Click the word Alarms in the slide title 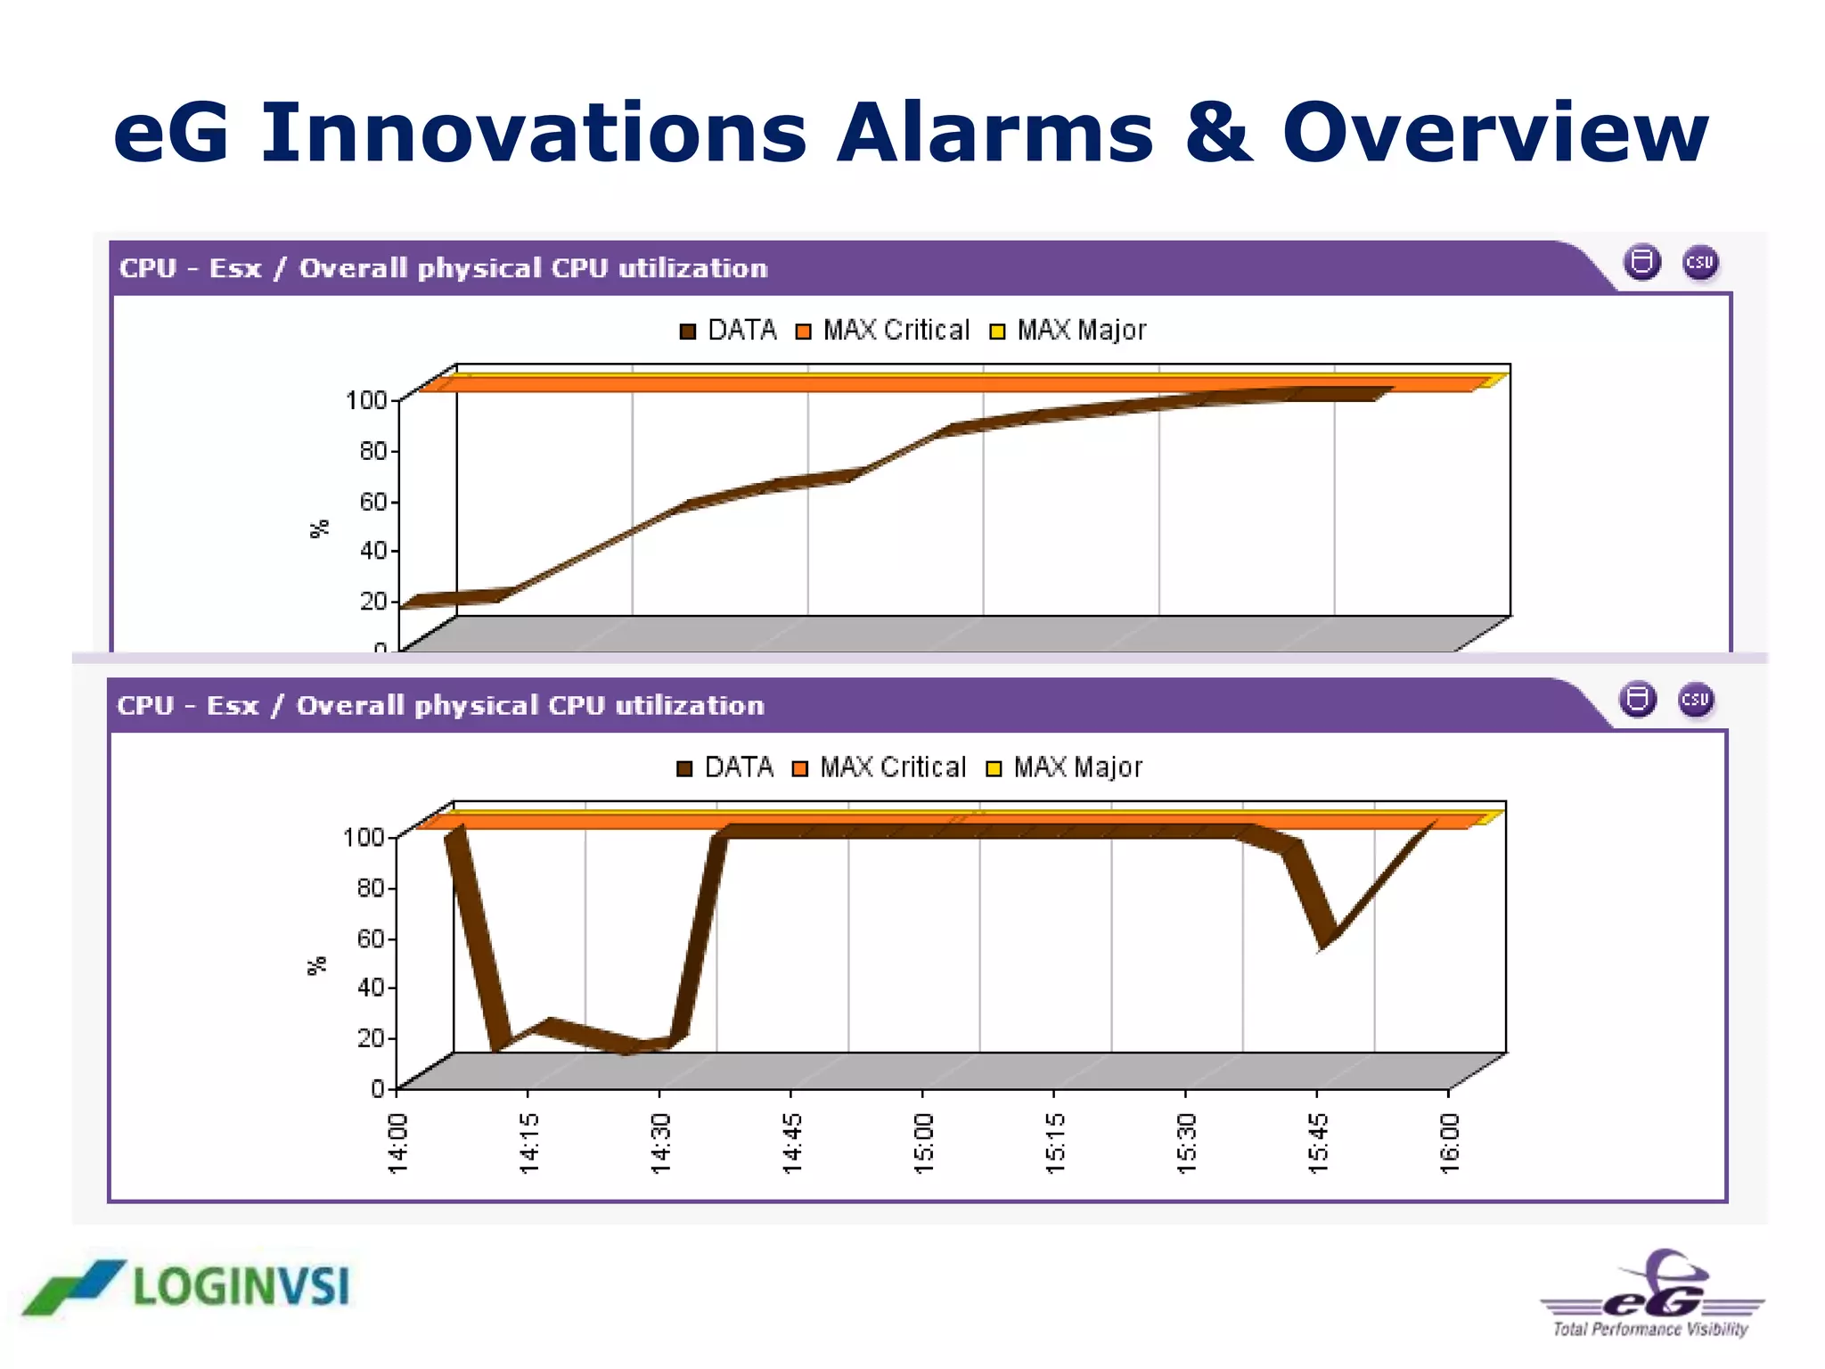coord(994,134)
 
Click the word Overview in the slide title coord(1494,134)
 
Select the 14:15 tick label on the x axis coord(528,1143)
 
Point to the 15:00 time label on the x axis coord(923,1143)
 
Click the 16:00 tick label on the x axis coord(1450,1143)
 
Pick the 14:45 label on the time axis coord(791,1143)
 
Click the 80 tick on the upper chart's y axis coord(373,451)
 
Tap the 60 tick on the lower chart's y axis coord(371,939)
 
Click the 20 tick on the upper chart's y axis coord(373,601)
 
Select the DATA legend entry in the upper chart coord(728,331)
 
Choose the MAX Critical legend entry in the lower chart coord(880,767)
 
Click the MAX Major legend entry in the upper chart coord(1068,331)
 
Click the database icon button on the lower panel coord(1638,700)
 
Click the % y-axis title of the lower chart coord(317,966)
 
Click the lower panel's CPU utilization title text coord(440,706)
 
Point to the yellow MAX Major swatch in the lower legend coord(994,768)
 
